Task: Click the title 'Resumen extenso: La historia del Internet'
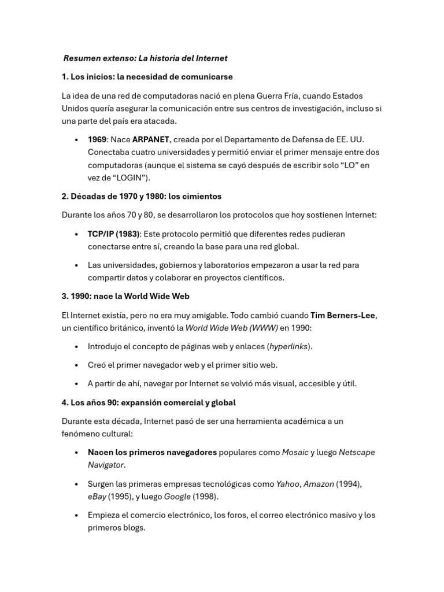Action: (x=145, y=58)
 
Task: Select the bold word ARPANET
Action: (x=151, y=139)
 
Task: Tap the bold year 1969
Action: (x=97, y=139)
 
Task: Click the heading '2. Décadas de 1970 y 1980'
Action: (x=141, y=196)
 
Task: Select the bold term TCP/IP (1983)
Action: (x=114, y=234)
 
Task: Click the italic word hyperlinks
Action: (x=288, y=346)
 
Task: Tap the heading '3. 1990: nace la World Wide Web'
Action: (x=125, y=296)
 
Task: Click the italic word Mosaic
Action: (x=295, y=452)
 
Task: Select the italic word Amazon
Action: (x=319, y=484)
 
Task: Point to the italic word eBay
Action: (x=97, y=496)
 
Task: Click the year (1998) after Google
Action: (x=205, y=496)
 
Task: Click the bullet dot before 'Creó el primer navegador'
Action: (x=77, y=365)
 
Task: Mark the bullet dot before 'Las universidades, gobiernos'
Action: (x=77, y=265)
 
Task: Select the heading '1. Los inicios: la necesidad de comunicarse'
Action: (x=147, y=76)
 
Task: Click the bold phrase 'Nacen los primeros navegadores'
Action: (x=152, y=452)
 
